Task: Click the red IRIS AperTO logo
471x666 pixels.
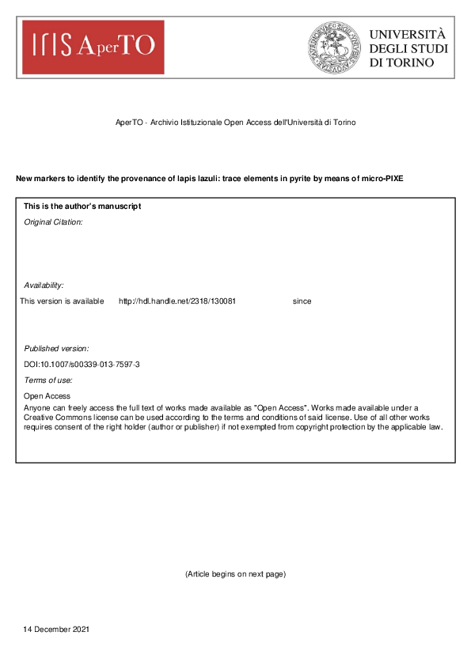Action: (93, 47)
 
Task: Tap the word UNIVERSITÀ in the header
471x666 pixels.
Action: (408, 34)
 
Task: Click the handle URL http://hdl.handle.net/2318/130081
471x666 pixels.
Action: (177, 301)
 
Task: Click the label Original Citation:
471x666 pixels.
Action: (53, 222)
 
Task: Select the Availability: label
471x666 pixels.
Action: (44, 285)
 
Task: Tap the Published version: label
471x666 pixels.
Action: (56, 348)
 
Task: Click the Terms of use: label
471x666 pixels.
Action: (48, 380)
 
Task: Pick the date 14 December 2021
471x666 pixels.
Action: (56, 630)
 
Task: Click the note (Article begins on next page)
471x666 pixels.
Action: (235, 573)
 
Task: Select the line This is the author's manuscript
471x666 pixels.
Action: (82, 206)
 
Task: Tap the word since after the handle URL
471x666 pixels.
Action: (302, 301)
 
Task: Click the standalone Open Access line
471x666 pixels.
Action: (47, 396)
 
